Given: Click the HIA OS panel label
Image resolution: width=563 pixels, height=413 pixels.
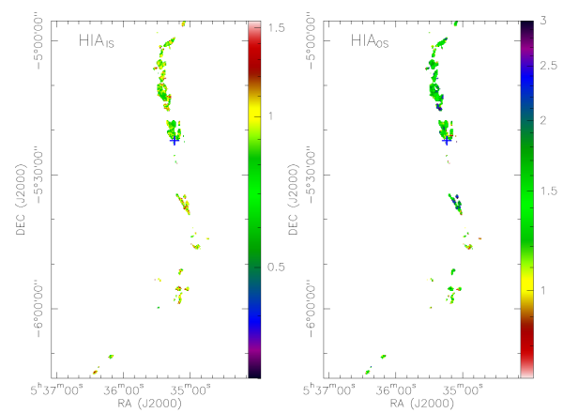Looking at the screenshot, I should click(369, 41).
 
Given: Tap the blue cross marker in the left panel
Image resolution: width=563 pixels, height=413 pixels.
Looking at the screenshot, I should click(174, 141).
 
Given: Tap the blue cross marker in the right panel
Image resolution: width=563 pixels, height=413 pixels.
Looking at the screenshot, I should click(446, 141).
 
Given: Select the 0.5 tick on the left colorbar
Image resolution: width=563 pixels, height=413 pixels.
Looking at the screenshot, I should click(271, 268).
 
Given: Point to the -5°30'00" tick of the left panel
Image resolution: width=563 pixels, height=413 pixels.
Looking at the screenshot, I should click(39, 174).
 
